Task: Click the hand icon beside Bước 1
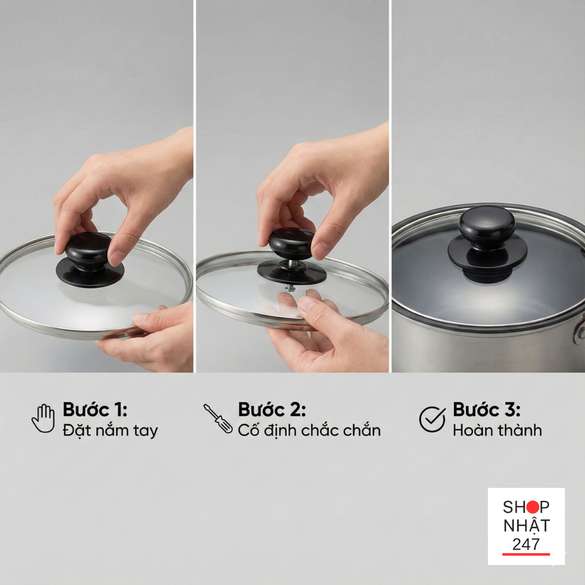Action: [x=43, y=418]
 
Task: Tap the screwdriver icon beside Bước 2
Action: [x=218, y=419]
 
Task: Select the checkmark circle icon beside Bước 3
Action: [x=432, y=419]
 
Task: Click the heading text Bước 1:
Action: [x=95, y=409]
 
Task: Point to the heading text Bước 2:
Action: [x=272, y=409]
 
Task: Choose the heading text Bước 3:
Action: [x=487, y=409]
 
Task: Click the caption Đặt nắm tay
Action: [x=110, y=430]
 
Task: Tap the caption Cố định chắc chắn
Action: [x=309, y=430]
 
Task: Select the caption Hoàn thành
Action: [x=498, y=430]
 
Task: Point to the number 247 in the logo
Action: [x=526, y=544]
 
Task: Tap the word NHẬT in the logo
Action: [x=526, y=526]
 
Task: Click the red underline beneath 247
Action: [x=526, y=554]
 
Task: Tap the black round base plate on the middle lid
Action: [x=291, y=273]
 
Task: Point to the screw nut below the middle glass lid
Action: [x=290, y=289]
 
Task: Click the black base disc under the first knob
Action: [x=90, y=273]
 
